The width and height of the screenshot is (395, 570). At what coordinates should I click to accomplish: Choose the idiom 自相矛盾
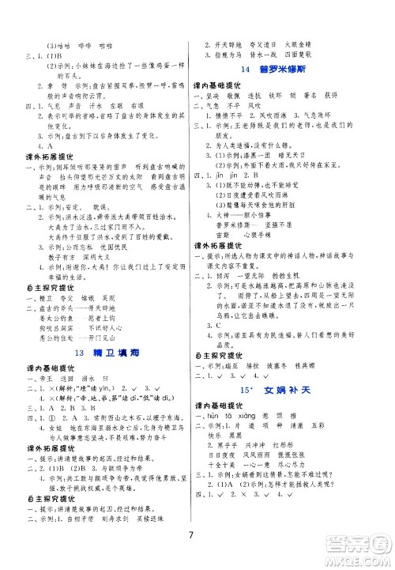88,503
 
